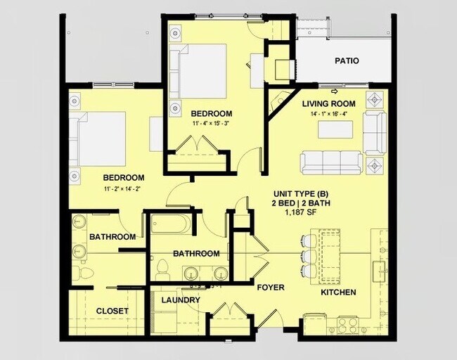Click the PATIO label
(346, 61)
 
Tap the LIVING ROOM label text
(328, 103)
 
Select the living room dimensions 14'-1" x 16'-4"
(329, 113)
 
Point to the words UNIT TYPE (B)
(302, 194)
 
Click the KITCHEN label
(338, 292)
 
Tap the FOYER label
(270, 287)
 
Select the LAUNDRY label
(181, 300)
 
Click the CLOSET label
(112, 311)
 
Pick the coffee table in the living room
(335, 130)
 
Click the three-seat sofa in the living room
(331, 162)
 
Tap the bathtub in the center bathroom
(168, 226)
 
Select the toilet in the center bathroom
(162, 269)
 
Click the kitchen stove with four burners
(347, 326)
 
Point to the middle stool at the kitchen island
(307, 254)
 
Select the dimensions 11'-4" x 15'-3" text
(211, 124)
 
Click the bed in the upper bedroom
(200, 71)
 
